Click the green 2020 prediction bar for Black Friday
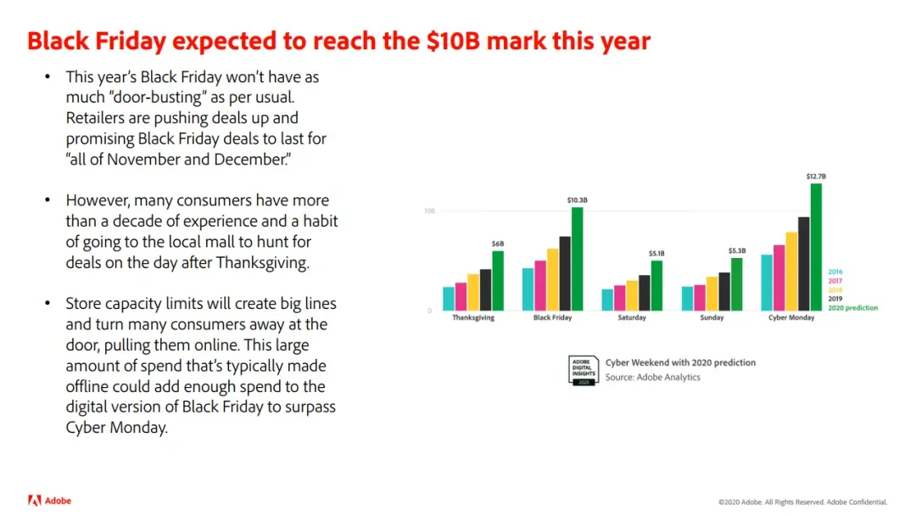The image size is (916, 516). point(577,259)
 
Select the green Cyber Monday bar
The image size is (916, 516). point(816,247)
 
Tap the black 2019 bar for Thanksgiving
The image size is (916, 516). point(485,290)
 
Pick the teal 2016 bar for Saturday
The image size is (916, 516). point(607,300)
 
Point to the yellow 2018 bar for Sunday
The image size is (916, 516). point(712,294)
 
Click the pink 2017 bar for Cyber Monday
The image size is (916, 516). point(779,278)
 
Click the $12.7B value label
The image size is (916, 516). point(816,177)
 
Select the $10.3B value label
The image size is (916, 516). point(578,200)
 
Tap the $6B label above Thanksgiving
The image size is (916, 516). point(498,244)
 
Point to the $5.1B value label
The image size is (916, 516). point(656,254)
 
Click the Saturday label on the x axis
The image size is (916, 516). point(632,318)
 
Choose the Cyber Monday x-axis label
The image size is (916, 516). point(791,318)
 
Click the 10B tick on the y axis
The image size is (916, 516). point(429,211)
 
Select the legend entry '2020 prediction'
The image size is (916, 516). point(853,308)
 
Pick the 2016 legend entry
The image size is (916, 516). point(835,272)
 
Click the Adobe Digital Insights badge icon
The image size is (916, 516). point(583,371)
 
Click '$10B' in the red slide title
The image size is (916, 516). point(453,41)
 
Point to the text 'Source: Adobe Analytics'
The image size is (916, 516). point(652,378)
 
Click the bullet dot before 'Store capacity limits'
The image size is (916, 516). point(47,303)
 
